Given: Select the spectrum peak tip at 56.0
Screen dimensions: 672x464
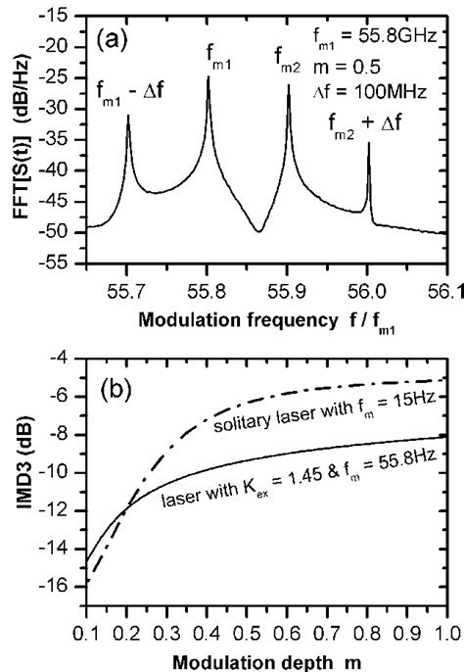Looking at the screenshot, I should point(368,144).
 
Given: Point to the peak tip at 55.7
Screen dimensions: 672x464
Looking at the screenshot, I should point(128,116).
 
